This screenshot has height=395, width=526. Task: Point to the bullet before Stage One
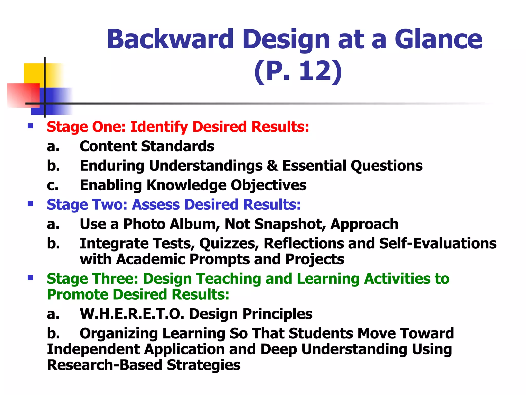tap(30, 126)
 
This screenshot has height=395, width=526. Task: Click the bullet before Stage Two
tap(30, 204)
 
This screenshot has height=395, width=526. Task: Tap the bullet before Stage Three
tap(30, 278)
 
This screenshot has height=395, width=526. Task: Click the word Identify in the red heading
tap(159, 127)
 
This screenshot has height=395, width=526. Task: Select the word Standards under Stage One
tap(177, 146)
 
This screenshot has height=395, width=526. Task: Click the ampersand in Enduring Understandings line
tap(272, 166)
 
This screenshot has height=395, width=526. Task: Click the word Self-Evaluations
tap(438, 244)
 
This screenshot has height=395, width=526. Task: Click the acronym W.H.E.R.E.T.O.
tap(132, 314)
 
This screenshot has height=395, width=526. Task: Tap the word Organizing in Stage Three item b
tap(119, 333)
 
